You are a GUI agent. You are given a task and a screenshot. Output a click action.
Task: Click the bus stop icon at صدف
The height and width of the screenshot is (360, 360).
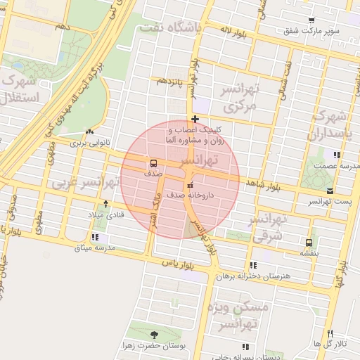point(154,162)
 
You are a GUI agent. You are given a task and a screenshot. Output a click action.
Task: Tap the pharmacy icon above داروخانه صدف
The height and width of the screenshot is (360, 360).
point(189,185)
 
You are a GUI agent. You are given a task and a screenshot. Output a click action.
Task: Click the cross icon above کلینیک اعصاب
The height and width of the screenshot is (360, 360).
point(195,119)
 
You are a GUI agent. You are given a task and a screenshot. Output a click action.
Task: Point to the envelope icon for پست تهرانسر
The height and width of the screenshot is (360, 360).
point(330,191)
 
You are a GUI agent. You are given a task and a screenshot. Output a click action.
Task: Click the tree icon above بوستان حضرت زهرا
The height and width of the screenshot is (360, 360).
point(155,334)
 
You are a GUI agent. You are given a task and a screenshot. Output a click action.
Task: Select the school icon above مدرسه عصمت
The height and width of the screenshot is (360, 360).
point(337,155)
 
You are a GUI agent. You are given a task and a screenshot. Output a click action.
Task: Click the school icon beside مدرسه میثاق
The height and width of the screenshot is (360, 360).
point(94,237)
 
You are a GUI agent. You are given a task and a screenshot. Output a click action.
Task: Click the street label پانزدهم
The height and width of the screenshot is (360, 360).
point(170,82)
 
